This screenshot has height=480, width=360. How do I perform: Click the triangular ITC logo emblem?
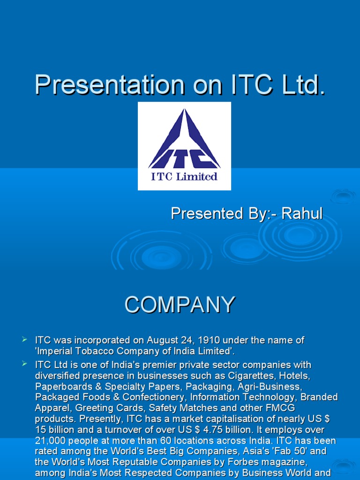click(x=184, y=140)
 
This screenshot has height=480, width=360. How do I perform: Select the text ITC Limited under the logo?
click(x=184, y=177)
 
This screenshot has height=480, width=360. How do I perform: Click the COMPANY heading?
click(x=180, y=305)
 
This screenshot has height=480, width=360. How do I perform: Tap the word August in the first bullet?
click(x=163, y=340)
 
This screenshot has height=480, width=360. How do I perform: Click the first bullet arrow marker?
click(x=25, y=339)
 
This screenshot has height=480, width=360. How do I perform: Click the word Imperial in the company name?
click(x=55, y=351)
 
